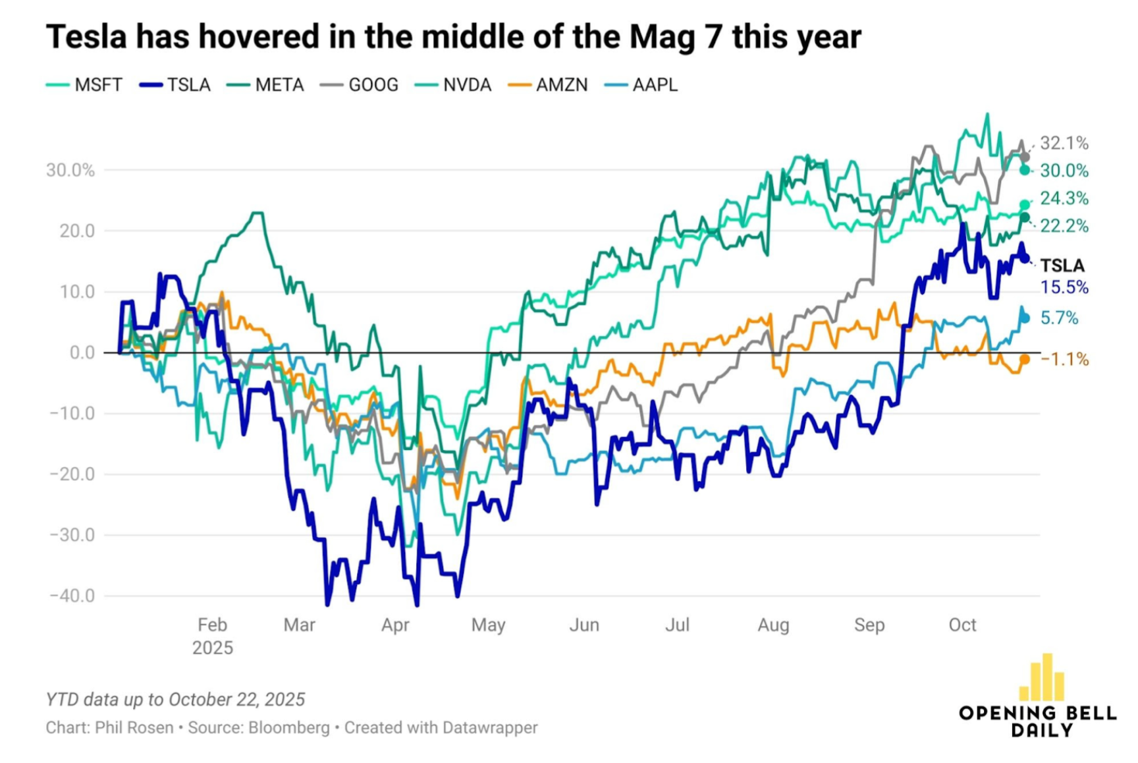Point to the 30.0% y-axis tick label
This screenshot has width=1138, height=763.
pyautogui.click(x=70, y=170)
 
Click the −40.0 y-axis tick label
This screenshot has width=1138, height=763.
pyautogui.click(x=72, y=596)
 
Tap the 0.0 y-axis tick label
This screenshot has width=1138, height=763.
pyautogui.click(x=82, y=353)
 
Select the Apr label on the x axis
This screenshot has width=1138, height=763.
pyautogui.click(x=395, y=625)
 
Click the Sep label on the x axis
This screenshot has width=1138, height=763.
pyautogui.click(x=869, y=625)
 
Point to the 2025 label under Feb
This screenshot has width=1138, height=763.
pyautogui.click(x=213, y=648)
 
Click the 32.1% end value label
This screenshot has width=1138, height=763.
pyautogui.click(x=1064, y=143)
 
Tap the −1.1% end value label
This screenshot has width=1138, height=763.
pyautogui.click(x=1065, y=359)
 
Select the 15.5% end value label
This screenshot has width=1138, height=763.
pyautogui.click(x=1064, y=287)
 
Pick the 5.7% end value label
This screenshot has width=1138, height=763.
pyautogui.click(x=1060, y=318)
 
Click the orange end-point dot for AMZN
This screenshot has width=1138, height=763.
pyautogui.click(x=1025, y=359)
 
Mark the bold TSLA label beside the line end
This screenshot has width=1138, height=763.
pyautogui.click(x=1062, y=266)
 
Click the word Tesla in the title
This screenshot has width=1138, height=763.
pyautogui.click(x=86, y=36)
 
